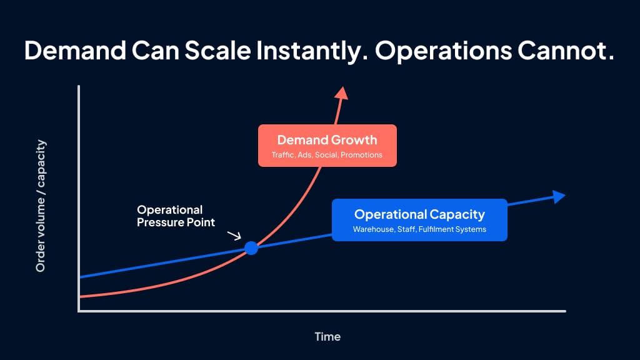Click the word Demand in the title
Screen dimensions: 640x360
(75, 51)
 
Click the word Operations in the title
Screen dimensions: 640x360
(443, 51)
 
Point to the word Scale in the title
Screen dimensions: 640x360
(217, 51)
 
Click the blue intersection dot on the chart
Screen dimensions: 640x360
(251, 247)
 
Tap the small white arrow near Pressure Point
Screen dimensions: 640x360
(234, 236)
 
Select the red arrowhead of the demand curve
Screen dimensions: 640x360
(341, 93)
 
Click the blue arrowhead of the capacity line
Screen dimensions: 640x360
(559, 196)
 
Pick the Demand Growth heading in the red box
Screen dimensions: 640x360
(327, 140)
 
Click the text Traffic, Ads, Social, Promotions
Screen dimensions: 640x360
(327, 155)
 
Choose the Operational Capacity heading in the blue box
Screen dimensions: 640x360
(419, 215)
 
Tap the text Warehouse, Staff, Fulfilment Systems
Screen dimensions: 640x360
(419, 229)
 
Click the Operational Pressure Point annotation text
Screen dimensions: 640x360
(176, 216)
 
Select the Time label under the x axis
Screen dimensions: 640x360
(327, 337)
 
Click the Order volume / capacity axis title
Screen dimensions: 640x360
(41, 206)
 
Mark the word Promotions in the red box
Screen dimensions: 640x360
(362, 155)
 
